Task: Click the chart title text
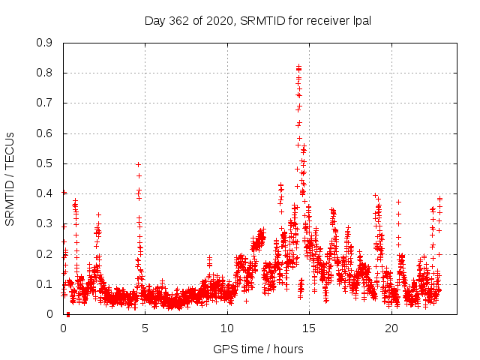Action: click(258, 20)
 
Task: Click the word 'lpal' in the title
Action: click(361, 20)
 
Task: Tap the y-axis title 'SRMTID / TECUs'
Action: click(10, 178)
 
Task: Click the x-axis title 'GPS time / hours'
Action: click(258, 349)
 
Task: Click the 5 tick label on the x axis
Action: click(145, 328)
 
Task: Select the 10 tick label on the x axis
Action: click(227, 328)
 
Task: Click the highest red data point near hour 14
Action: click(298, 67)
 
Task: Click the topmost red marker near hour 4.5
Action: click(139, 164)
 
